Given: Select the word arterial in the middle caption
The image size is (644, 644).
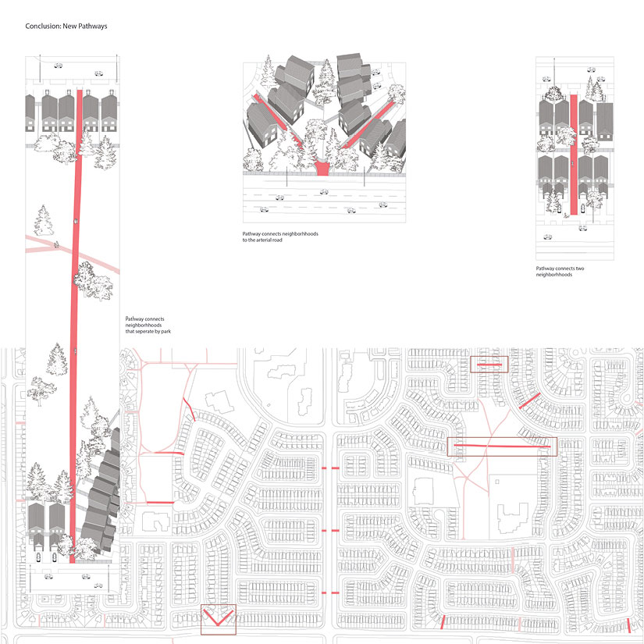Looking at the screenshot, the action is click(x=271, y=240).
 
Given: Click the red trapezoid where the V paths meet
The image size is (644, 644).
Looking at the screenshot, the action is click(x=322, y=168).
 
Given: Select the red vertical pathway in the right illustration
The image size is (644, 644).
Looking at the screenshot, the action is click(x=575, y=156).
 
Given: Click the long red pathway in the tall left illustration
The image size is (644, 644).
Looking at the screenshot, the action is click(x=76, y=312).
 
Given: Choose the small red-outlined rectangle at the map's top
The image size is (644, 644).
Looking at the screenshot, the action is click(x=489, y=365).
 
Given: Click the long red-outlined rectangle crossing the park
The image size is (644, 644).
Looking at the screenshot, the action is click(x=502, y=446).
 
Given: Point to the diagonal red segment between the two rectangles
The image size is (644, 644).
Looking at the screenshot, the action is click(x=528, y=400).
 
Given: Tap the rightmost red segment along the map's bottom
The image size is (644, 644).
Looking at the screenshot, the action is click(x=629, y=625).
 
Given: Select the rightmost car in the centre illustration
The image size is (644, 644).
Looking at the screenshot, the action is click(x=382, y=205).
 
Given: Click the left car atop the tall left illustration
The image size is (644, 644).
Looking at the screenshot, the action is click(x=58, y=66).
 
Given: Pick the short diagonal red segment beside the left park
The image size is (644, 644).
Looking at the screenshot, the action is click(x=189, y=407).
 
